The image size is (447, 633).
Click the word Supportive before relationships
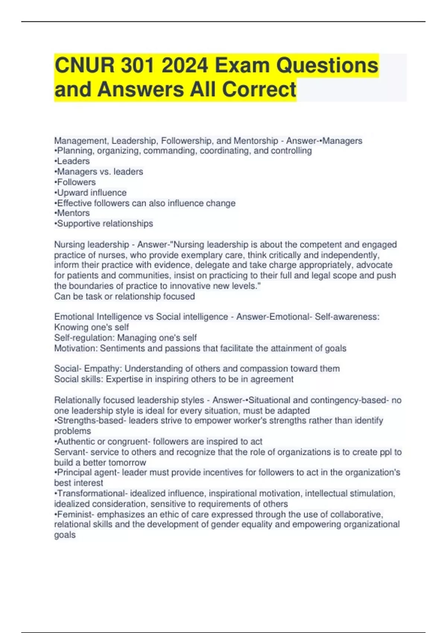point(79,223)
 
